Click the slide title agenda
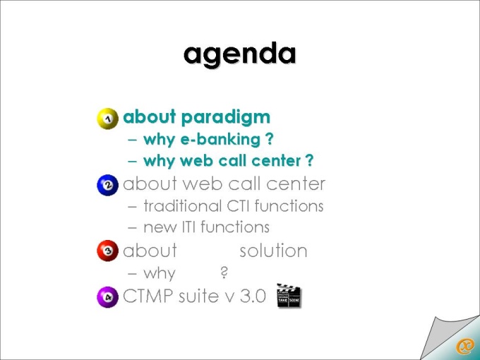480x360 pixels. [240, 54]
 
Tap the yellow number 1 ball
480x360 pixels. [107, 119]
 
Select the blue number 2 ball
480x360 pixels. [107, 185]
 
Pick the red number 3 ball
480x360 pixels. [107, 251]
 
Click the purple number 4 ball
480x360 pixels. [107, 296]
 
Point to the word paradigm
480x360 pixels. [226, 118]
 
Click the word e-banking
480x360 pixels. [220, 139]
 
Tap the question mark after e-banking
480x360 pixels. [269, 139]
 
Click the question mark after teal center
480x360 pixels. [309, 160]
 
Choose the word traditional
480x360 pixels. [182, 205]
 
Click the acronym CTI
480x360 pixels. [238, 205]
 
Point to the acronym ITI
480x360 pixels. [189, 227]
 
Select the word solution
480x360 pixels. [273, 251]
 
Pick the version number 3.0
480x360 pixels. [253, 296]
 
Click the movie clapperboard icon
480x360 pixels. [289, 295]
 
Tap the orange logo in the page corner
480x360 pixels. [464, 347]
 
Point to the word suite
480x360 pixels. [198, 296]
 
